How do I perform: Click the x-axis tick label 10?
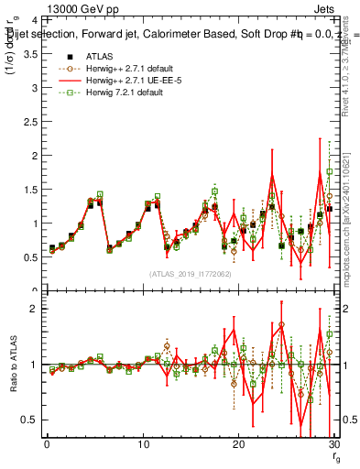(x=142, y=445)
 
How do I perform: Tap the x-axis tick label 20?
(x=238, y=445)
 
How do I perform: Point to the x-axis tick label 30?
(x=333, y=445)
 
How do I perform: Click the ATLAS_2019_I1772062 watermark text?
(x=191, y=273)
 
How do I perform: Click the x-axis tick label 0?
(x=47, y=445)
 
